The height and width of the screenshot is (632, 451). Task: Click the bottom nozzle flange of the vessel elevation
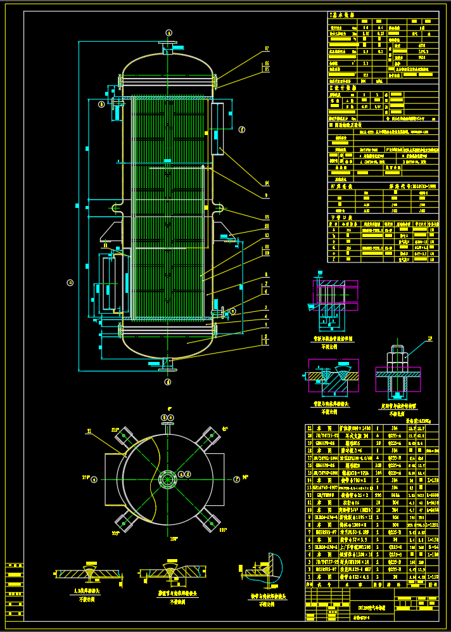(x=168, y=364)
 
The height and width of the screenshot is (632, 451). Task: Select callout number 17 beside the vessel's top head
(x=267, y=49)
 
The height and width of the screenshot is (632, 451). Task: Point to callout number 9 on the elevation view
(x=267, y=196)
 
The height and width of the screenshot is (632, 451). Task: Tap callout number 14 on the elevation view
(x=267, y=183)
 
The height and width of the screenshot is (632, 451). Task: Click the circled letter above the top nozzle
(x=168, y=32)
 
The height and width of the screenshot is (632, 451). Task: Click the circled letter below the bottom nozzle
(x=168, y=382)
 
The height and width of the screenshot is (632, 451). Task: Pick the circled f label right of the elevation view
(x=241, y=129)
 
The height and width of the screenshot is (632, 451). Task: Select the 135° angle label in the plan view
(x=223, y=530)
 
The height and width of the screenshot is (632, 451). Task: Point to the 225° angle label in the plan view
(x=115, y=533)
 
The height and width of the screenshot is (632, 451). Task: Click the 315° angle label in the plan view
(x=115, y=430)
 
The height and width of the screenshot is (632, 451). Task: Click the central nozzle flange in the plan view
(x=168, y=479)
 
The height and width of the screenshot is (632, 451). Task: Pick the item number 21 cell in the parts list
(x=309, y=428)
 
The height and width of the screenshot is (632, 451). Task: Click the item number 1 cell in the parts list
(x=309, y=577)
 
